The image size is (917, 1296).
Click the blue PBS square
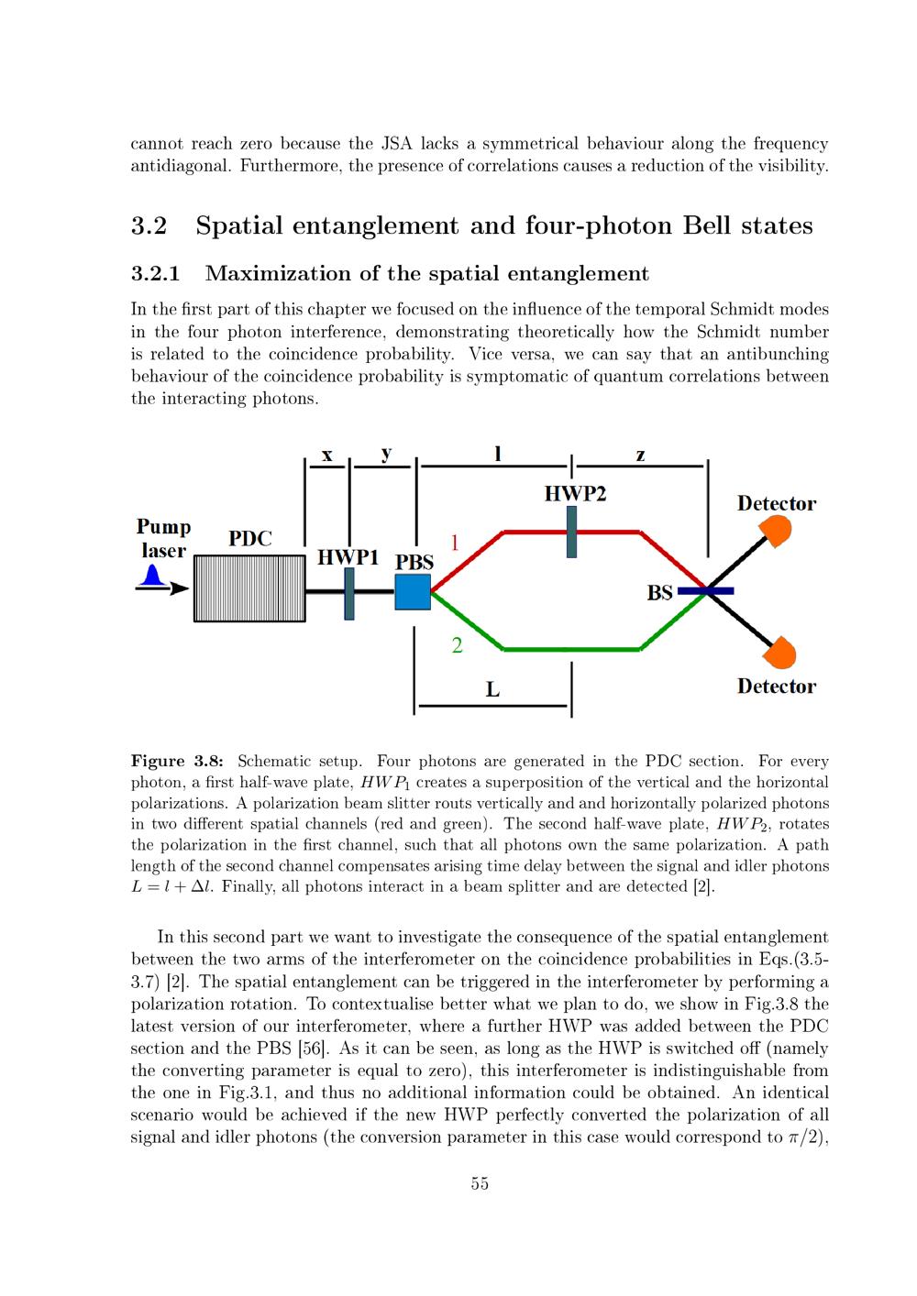point(413,591)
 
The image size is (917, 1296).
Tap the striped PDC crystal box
point(249,588)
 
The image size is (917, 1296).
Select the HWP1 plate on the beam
point(349,593)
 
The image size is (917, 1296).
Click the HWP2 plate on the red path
point(571,532)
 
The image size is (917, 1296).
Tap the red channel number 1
point(454,543)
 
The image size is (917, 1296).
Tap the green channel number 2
point(457,646)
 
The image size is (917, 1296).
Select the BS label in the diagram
point(659,592)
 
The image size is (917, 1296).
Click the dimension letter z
point(640,454)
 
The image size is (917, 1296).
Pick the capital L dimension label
point(492,689)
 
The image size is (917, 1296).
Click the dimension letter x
point(327,454)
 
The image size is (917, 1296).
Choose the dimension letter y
point(386,454)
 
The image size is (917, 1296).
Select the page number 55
point(480,1183)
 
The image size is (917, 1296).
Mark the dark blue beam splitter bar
point(705,591)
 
